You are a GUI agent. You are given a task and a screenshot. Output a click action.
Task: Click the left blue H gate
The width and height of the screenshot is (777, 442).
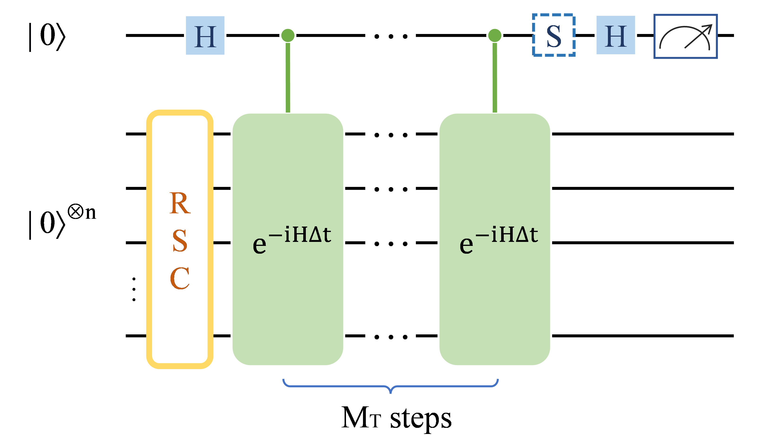[205, 36]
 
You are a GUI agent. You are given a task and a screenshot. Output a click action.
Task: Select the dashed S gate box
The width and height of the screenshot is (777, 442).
[553, 35]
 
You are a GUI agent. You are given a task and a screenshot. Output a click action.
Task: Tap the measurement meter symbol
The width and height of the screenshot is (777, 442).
[685, 36]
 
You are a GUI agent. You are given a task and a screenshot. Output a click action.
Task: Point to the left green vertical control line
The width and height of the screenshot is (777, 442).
[288, 77]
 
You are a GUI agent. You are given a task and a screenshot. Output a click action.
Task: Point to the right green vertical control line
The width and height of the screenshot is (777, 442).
[495, 77]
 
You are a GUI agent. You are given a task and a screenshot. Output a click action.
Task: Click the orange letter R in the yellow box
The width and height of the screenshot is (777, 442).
[180, 203]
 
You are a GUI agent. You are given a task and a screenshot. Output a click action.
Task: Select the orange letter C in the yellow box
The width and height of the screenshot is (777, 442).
[180, 278]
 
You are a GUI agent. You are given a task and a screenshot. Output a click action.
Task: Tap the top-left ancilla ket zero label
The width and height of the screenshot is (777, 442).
[47, 36]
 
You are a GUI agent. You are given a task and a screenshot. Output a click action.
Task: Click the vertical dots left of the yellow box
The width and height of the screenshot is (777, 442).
[134, 289]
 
